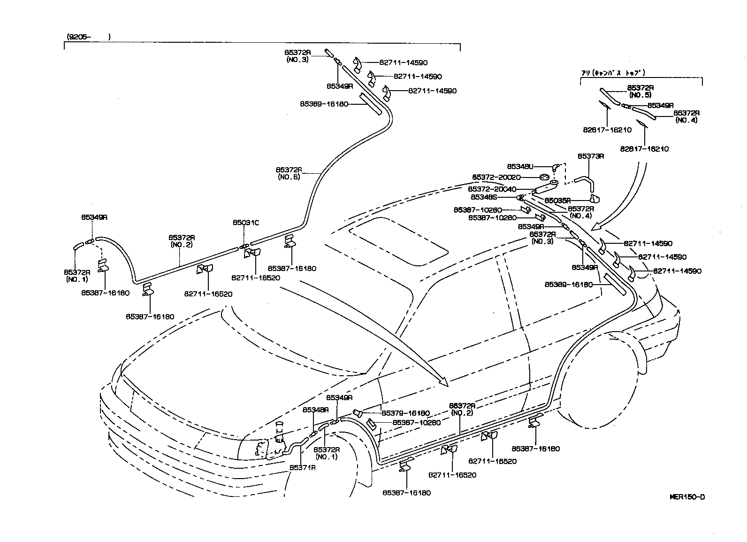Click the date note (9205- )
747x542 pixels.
tap(89, 37)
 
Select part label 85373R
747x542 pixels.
tap(590, 156)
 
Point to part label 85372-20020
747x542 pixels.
tap(496, 177)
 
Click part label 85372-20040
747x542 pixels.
tap(492, 189)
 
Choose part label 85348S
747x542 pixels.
tap(487, 197)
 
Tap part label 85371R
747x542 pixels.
tap(302, 467)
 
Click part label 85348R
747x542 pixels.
tap(315, 410)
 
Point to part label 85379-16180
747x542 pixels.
tap(405, 413)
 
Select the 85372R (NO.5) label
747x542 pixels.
tap(641, 91)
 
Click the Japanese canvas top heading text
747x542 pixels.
tap(613, 73)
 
